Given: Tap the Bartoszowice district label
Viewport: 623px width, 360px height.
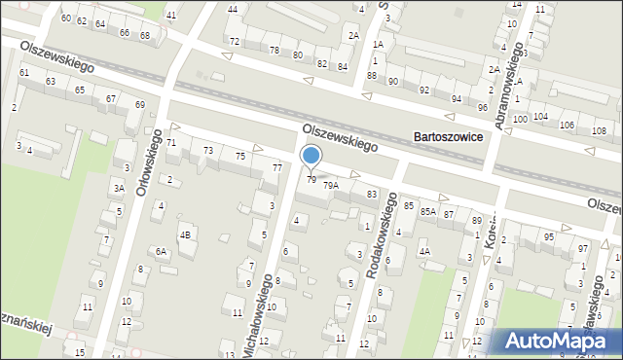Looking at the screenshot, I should [x=448, y=138].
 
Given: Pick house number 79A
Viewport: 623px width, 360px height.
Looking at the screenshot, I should [x=331, y=185].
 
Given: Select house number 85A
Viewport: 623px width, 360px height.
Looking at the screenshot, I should [x=427, y=211].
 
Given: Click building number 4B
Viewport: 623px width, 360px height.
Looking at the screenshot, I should [x=184, y=234].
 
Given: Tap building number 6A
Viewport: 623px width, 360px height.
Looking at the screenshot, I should [x=162, y=252].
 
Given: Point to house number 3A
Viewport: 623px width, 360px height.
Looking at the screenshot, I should [x=119, y=189].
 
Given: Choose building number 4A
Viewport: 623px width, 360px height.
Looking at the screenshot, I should [x=424, y=251].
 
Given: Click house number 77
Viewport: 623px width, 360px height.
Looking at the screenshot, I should [x=276, y=168].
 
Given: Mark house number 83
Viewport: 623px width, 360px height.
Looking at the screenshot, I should [x=372, y=195].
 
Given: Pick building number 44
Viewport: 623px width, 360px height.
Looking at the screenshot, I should [x=233, y=9].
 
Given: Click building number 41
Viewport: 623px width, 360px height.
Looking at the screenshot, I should [x=171, y=16].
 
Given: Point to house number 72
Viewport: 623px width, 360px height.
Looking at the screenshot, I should [x=235, y=42].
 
